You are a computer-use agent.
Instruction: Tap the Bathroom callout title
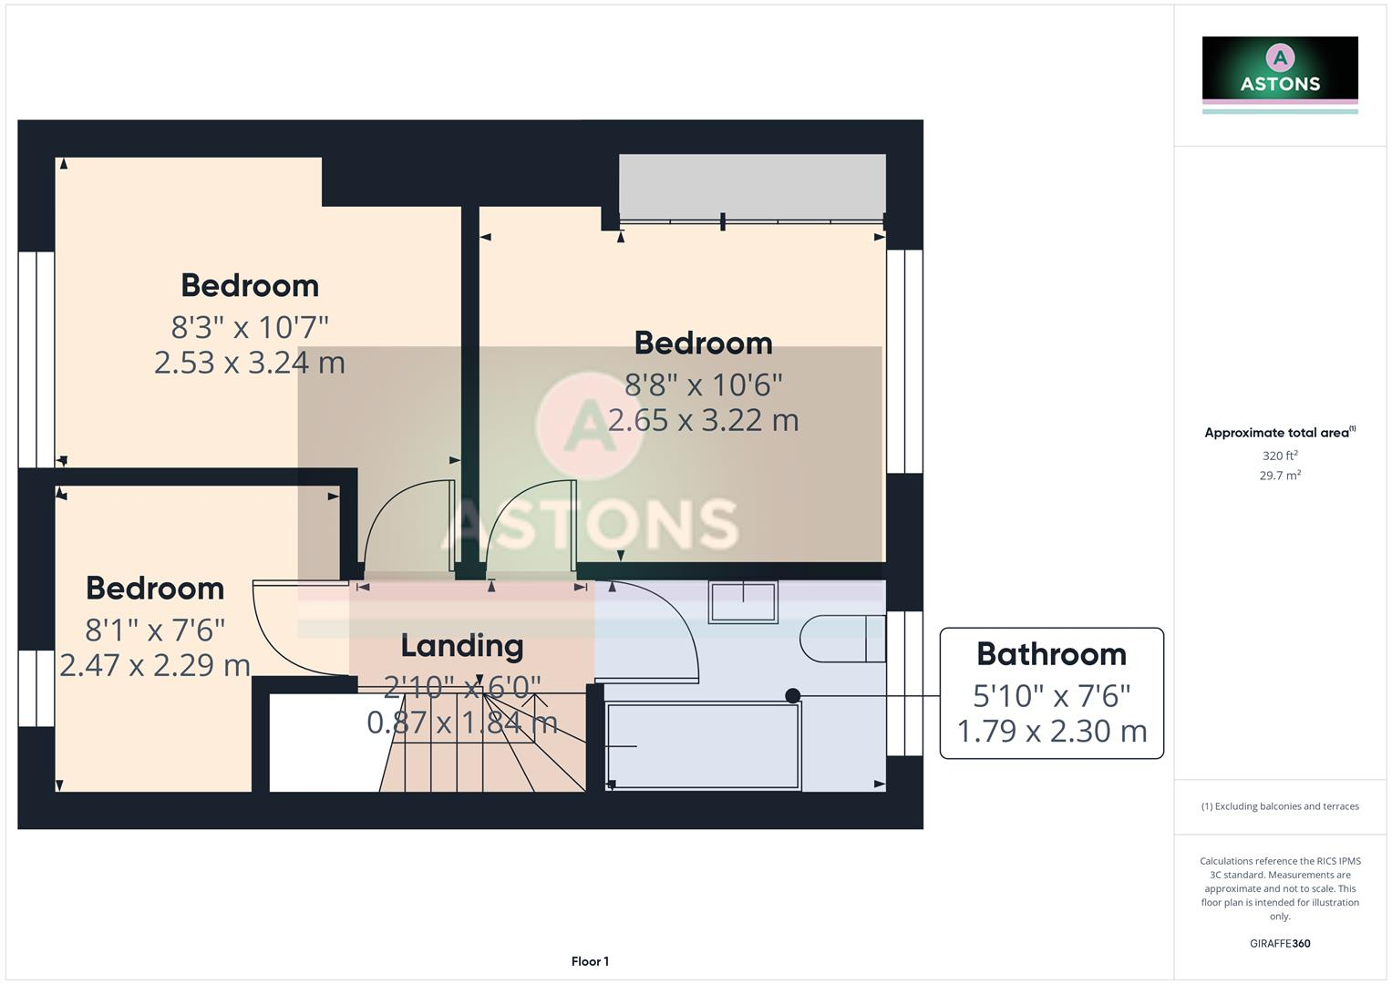(1051, 654)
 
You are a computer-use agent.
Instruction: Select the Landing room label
(462, 646)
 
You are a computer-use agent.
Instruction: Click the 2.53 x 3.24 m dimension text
(250, 363)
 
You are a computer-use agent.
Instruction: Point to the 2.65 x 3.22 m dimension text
(703, 420)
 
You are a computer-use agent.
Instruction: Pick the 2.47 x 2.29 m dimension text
(155, 665)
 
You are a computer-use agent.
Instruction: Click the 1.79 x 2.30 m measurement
(1051, 731)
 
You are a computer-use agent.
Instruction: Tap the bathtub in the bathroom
(703, 745)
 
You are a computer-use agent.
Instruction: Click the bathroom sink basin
(743, 602)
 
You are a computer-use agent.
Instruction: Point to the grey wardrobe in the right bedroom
(752, 186)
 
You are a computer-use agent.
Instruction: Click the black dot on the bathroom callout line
(793, 696)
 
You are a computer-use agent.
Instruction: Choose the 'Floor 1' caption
(590, 961)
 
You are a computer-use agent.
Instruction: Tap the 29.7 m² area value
(1280, 476)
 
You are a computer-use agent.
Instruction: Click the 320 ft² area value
(1280, 456)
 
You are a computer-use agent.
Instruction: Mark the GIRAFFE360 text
(1280, 944)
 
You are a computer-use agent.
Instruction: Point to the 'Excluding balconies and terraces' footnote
(1280, 806)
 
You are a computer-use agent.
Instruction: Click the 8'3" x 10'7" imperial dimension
(250, 326)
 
